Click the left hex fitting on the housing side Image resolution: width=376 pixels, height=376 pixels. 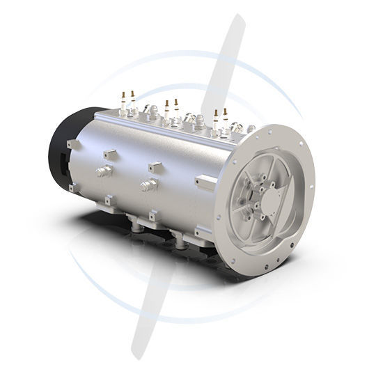pos(104,171)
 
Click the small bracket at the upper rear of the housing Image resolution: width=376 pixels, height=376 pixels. pos(70,144)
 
